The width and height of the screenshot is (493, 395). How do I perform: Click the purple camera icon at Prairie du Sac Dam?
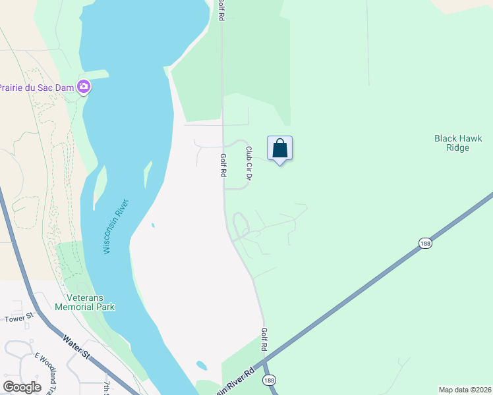(x=84, y=86)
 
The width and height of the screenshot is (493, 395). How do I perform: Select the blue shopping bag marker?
(x=279, y=149)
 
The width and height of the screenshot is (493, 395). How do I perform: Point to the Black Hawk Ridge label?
(x=458, y=143)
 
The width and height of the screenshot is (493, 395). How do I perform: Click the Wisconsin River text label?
(x=116, y=226)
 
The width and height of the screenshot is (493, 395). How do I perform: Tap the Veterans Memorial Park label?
(x=84, y=302)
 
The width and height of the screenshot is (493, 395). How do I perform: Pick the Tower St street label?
(x=18, y=319)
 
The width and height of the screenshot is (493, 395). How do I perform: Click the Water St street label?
(x=77, y=348)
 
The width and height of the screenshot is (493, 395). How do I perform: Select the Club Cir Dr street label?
(x=249, y=163)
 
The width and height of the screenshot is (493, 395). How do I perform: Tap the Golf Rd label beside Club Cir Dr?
(x=223, y=165)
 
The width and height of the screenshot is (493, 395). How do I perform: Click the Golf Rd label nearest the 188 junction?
(x=264, y=339)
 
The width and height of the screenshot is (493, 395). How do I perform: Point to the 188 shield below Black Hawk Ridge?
(x=424, y=244)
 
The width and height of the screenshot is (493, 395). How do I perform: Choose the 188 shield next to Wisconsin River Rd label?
(x=269, y=381)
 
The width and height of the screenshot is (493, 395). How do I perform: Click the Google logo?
(x=22, y=386)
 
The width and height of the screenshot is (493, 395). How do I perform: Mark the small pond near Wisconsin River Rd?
(x=201, y=365)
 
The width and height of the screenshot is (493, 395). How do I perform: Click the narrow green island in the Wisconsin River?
(x=148, y=174)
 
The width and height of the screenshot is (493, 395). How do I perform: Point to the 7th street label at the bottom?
(x=106, y=387)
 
